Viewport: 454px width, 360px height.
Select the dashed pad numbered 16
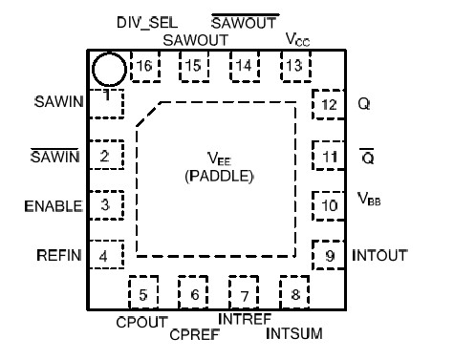point(145,66)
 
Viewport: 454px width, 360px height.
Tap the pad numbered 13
point(292,66)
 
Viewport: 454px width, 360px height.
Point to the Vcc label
point(298,40)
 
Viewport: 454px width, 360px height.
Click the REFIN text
point(55,255)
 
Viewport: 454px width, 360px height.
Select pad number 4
point(101,256)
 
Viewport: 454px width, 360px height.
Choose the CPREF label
point(193,334)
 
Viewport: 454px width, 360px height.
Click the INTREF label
point(245,319)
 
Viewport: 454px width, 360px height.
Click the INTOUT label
point(379,256)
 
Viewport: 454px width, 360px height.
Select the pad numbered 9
point(328,256)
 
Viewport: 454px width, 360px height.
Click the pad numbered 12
point(329,104)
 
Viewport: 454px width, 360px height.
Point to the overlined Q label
point(364,155)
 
